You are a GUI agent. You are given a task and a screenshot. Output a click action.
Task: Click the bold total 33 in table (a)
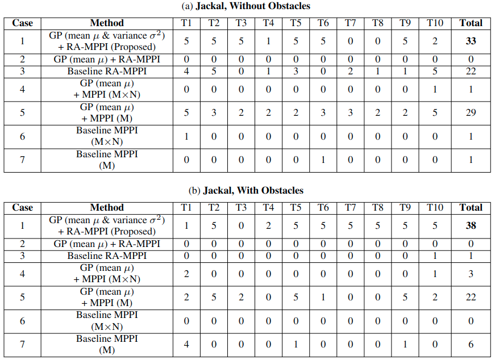point(471,41)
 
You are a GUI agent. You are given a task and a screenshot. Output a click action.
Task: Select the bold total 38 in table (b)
point(471,225)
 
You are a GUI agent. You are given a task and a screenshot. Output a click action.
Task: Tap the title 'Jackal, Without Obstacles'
point(253,6)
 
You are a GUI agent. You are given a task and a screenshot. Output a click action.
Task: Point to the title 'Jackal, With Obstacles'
point(253,191)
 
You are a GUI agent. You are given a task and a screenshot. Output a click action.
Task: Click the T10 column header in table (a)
point(435,23)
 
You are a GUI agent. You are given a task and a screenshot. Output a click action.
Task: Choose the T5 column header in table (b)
point(296,208)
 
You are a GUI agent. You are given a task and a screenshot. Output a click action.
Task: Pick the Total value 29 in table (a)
point(471,112)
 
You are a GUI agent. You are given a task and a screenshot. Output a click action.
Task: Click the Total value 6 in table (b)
point(471,344)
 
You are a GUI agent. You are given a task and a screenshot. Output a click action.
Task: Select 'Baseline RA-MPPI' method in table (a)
point(107,72)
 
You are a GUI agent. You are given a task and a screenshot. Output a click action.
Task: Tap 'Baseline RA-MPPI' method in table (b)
point(107,256)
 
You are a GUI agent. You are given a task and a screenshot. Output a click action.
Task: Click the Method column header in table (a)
point(107,23)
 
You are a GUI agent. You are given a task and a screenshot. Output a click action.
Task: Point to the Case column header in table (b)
point(22,208)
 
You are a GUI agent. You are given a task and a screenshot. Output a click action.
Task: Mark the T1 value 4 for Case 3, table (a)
point(186,72)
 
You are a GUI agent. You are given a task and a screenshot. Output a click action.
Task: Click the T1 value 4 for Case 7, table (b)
point(186,344)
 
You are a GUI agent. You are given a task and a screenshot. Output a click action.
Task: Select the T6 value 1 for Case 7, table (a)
point(323,160)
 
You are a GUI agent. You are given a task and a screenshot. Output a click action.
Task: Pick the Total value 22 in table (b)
point(471,297)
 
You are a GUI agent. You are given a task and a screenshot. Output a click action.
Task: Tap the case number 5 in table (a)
point(22,112)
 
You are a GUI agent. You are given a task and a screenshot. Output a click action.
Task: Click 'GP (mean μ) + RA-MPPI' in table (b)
point(107,244)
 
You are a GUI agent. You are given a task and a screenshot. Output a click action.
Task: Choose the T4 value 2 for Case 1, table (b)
point(268,225)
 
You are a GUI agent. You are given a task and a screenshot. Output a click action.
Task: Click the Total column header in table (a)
point(471,23)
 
